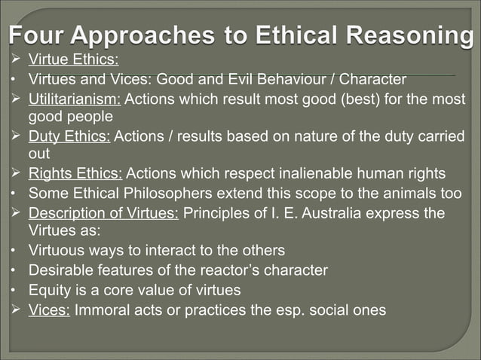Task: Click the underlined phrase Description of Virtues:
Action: pos(103,213)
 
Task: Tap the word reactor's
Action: pos(215,270)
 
